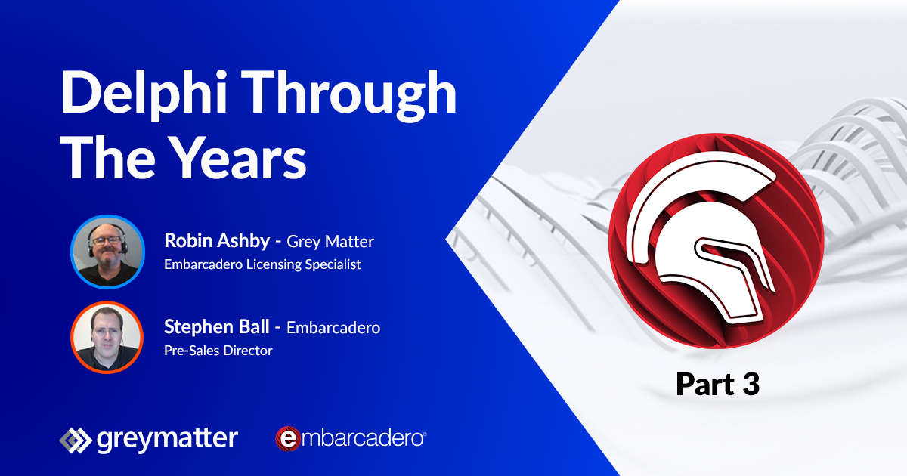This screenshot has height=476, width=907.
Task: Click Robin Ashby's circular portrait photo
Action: (x=107, y=252)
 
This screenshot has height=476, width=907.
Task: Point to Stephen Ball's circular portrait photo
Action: (x=107, y=338)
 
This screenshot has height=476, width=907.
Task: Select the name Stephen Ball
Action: (x=217, y=327)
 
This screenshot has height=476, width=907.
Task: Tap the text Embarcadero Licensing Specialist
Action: (x=262, y=264)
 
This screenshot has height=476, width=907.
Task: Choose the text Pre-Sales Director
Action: (x=218, y=350)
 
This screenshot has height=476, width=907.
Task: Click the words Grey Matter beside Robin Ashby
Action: (x=330, y=242)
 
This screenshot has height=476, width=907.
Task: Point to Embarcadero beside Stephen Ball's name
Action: (x=333, y=328)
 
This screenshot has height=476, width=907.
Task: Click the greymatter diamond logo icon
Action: (x=74, y=439)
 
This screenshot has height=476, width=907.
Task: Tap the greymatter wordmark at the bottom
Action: (x=167, y=439)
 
